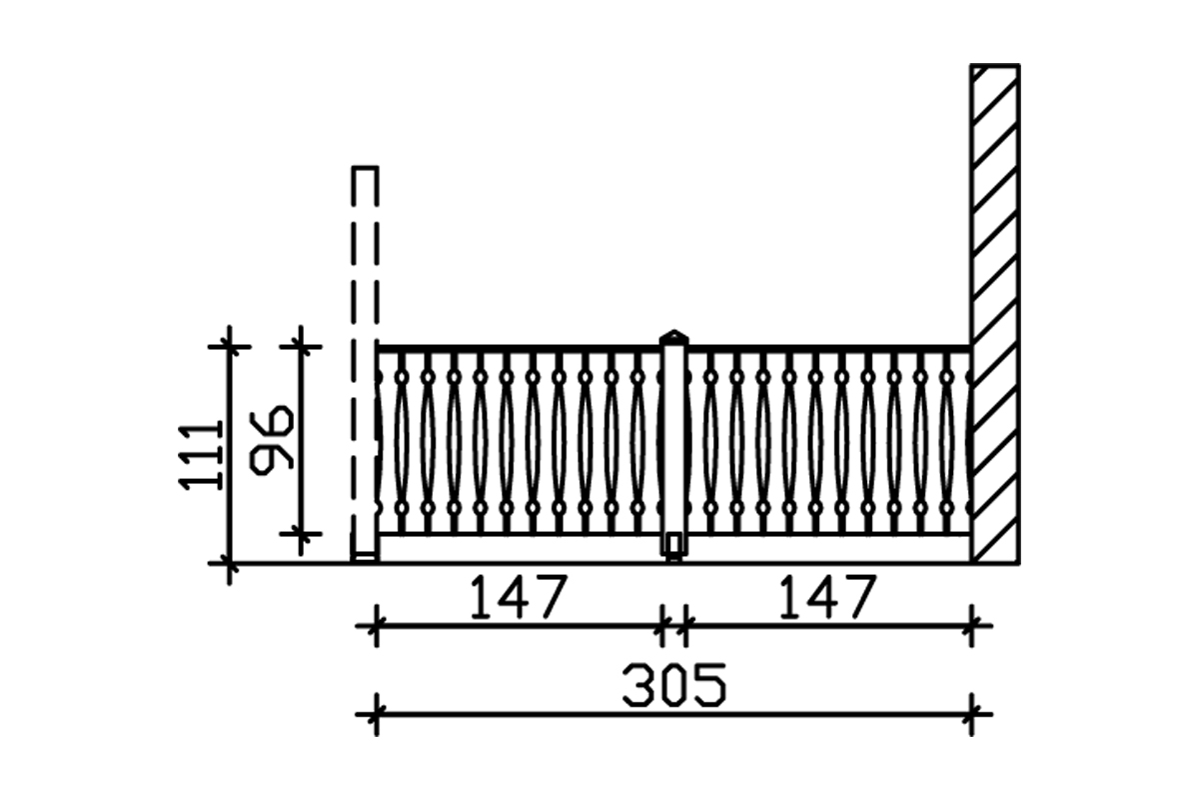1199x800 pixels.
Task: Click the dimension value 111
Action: click(199, 455)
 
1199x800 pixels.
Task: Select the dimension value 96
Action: click(270, 438)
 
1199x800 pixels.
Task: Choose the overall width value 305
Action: click(673, 687)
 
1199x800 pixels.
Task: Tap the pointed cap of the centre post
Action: click(674, 336)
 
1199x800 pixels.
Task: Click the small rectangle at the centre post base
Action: click(674, 544)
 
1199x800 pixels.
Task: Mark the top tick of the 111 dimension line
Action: click(229, 346)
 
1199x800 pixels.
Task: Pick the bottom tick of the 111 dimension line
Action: click(229, 564)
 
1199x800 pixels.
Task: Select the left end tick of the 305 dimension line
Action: click(376, 714)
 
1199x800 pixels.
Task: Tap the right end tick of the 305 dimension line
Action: click(972, 714)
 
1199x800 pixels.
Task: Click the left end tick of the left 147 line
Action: click(376, 628)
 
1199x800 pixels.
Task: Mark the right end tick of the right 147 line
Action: click(972, 628)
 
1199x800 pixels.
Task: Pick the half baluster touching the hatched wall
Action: click(968, 440)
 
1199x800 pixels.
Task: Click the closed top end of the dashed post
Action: click(366, 169)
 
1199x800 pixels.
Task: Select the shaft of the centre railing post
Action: click(674, 440)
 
